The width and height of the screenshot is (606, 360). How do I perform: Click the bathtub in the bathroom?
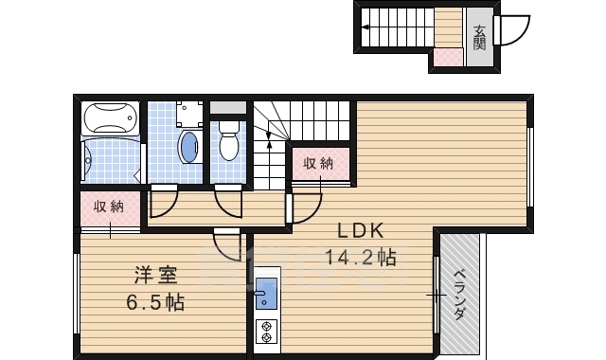[112, 120]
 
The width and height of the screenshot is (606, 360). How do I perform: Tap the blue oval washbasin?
[189, 148]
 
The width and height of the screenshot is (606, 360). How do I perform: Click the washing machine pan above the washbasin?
[189, 114]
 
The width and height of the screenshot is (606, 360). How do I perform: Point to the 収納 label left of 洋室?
[108, 207]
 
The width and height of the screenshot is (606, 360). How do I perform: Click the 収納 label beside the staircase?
[318, 163]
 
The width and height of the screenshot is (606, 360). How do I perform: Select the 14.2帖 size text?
[360, 257]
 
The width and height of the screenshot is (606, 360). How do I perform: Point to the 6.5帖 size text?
[156, 303]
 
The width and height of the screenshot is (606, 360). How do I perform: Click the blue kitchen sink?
[265, 294]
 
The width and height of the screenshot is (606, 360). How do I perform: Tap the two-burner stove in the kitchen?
[266, 332]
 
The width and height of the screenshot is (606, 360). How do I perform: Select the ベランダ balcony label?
[460, 295]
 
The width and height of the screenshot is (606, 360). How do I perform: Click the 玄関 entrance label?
[479, 35]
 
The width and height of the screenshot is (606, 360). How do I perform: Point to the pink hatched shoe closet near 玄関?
[446, 60]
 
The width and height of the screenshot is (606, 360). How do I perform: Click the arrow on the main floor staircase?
[269, 142]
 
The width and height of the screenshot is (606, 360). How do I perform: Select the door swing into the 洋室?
[228, 245]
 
